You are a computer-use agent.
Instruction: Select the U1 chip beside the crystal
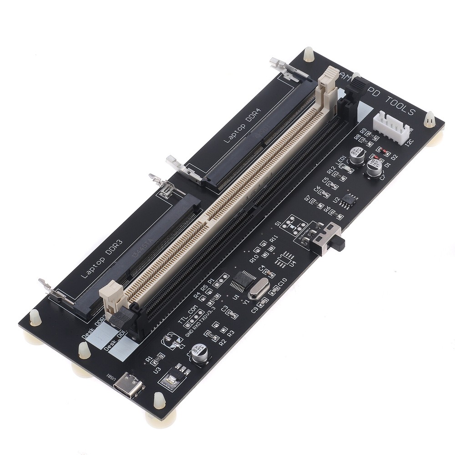(x=240, y=280)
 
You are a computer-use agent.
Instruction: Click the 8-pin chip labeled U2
(x=349, y=199)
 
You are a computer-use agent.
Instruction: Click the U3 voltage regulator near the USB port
(x=173, y=375)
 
